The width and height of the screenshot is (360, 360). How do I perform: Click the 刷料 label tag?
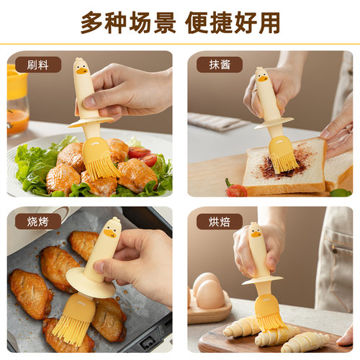pyautogui.click(x=37, y=65)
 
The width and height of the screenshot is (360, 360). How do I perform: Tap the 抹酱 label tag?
pyautogui.click(x=220, y=65)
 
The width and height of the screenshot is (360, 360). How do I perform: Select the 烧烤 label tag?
pyautogui.click(x=37, y=222)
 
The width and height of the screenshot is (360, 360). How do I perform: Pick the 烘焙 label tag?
pyautogui.click(x=220, y=222)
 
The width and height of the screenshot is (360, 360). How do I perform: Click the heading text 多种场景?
pyautogui.click(x=127, y=22)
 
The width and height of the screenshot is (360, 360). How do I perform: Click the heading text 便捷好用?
pyautogui.click(x=233, y=22)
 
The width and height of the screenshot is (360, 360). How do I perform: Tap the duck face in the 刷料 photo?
pyautogui.click(x=81, y=71)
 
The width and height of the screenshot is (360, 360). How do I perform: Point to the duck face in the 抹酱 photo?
pyautogui.click(x=261, y=76)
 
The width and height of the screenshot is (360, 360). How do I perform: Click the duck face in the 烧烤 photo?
pyautogui.click(x=110, y=230)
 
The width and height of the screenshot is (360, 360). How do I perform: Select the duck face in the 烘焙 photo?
pyautogui.click(x=256, y=234)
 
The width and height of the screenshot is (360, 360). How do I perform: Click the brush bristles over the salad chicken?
pyautogui.click(x=102, y=161)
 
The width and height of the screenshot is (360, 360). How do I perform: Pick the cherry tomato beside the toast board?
pyautogui.click(x=235, y=190)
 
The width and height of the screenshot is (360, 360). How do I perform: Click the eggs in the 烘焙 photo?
pyautogui.click(x=208, y=292)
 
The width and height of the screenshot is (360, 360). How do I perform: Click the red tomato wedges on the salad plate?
pyautogui.click(x=140, y=154)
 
